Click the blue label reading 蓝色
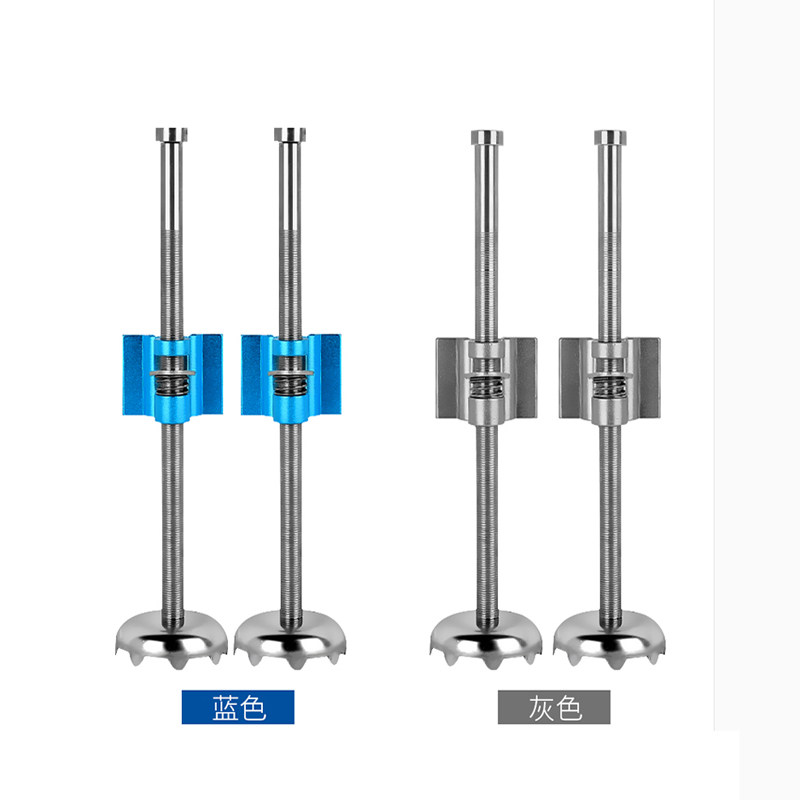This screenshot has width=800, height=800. tap(238, 707)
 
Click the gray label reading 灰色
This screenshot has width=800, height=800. tap(554, 707)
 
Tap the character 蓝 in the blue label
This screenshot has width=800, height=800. tap(224, 707)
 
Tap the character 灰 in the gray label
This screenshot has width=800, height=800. tap(541, 707)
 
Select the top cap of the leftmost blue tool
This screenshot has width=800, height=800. tap(171, 135)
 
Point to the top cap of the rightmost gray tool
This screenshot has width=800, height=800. tap(610, 137)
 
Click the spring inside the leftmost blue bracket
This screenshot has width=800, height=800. tap(172, 386)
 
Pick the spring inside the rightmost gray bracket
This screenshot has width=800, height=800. tap(610, 387)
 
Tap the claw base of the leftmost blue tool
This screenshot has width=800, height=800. tap(171, 639)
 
